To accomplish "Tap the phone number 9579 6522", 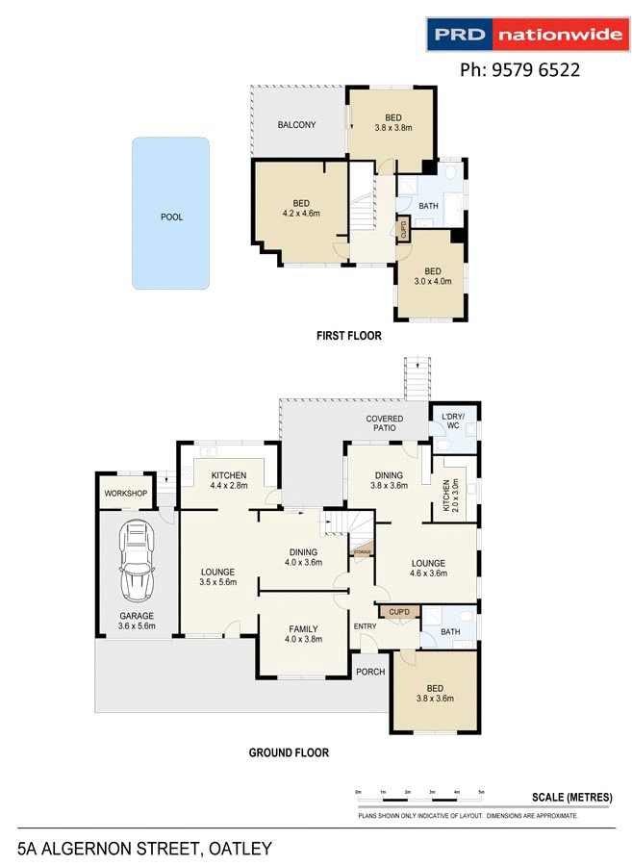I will click(519, 69).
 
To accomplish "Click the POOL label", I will click(171, 216).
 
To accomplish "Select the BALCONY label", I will click(296, 125).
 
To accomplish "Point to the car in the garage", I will click(137, 560).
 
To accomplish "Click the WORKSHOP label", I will click(126, 494).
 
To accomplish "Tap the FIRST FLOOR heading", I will click(349, 337).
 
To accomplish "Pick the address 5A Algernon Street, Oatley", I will click(144, 849).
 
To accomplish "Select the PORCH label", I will click(369, 672).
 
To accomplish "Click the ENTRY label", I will click(366, 626).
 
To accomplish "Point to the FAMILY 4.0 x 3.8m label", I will click(303, 634).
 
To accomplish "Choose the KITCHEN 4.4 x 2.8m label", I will click(229, 480).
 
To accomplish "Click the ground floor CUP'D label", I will click(399, 612).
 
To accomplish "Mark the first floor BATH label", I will click(428, 206).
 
